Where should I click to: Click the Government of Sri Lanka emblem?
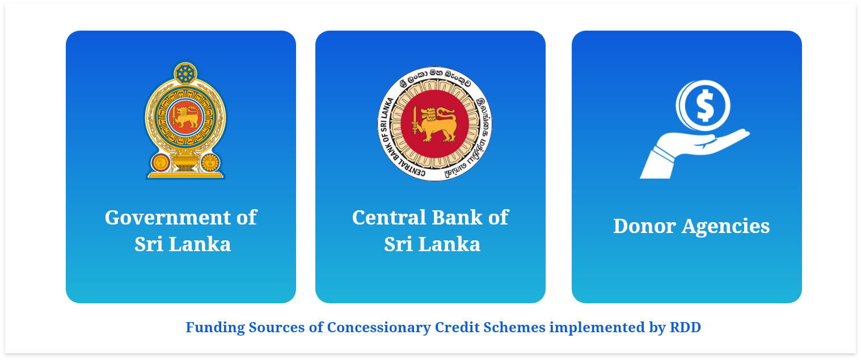tap(185, 120)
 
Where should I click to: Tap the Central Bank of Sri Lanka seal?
tap(434, 124)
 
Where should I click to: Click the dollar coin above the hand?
tap(703, 105)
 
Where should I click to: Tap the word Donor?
tap(644, 226)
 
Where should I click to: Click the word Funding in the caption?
tap(216, 327)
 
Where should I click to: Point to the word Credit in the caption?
tap(457, 327)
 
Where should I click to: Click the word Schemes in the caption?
tap(514, 327)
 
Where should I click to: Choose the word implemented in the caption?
tap(597, 328)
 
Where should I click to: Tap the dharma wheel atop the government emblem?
tap(185, 73)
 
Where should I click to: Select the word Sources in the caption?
tap(277, 327)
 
